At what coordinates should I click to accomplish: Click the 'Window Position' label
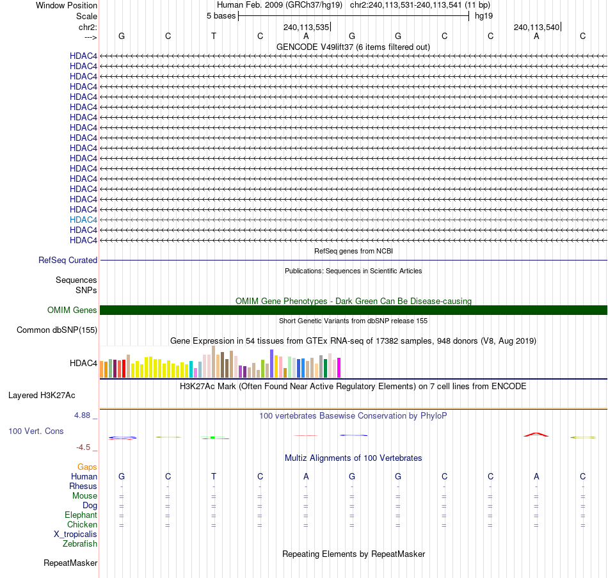click(67, 5)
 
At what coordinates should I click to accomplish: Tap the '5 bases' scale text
click(221, 15)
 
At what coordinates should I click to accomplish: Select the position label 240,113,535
click(306, 27)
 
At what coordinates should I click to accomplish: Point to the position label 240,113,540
click(536, 27)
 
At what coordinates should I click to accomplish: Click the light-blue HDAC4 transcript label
click(83, 220)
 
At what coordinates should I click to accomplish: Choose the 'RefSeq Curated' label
click(68, 261)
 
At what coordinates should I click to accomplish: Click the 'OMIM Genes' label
click(72, 310)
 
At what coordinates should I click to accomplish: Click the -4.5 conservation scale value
click(84, 447)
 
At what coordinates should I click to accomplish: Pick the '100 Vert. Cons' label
click(36, 431)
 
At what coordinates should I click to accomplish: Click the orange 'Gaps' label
click(87, 467)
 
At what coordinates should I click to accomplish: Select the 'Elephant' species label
click(81, 515)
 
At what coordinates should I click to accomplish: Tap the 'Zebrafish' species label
click(80, 544)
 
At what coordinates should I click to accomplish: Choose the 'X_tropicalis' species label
click(76, 534)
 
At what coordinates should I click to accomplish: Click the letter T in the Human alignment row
click(214, 477)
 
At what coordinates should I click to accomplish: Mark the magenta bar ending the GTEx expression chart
click(339, 368)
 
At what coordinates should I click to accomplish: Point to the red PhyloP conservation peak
click(536, 435)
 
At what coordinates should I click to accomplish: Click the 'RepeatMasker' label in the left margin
click(70, 563)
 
